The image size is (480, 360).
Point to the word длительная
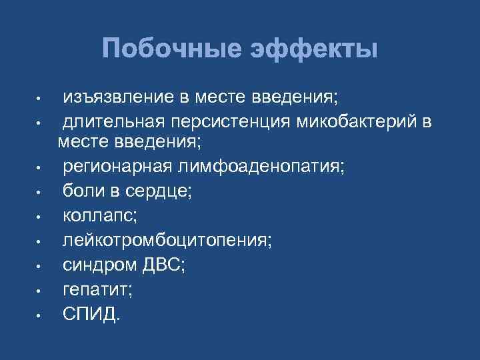114,123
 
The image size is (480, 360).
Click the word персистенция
220,123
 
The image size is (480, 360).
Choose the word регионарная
117,166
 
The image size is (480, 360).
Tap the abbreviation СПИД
91,313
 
